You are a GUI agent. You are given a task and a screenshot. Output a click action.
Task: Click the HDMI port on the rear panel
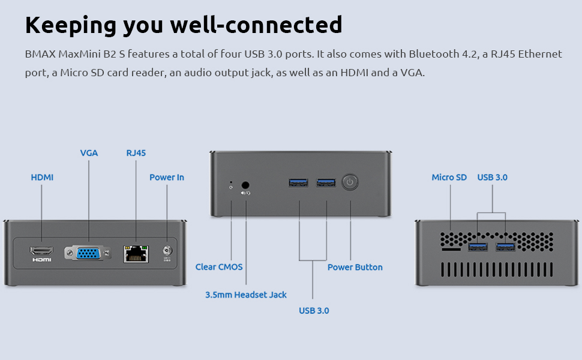pos(42,250)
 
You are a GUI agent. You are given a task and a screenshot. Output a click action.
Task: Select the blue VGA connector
pos(88,253)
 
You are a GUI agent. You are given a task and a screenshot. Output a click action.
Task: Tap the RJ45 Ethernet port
pos(135,253)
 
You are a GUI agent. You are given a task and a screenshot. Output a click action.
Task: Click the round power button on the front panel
pos(350,182)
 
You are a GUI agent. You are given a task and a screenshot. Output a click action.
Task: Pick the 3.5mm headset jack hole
pos(245,185)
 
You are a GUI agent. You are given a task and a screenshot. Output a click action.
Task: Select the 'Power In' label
pos(167,178)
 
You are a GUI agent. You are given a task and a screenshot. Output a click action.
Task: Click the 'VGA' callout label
pos(89,153)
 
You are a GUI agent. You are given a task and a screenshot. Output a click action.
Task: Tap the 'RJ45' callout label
pos(136,153)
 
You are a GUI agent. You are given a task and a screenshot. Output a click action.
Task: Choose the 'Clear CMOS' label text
pos(219,267)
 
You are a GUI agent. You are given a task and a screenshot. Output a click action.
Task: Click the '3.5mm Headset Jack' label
pos(246,295)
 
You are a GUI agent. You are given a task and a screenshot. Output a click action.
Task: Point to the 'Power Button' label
pos(355,267)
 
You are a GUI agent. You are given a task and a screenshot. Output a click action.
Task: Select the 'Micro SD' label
pos(449,178)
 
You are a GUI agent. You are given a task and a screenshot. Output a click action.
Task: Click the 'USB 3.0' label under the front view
pos(314,310)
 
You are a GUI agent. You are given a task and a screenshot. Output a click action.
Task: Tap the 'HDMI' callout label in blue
pos(42,178)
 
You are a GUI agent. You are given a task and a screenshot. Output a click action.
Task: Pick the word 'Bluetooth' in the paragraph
pos(434,54)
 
